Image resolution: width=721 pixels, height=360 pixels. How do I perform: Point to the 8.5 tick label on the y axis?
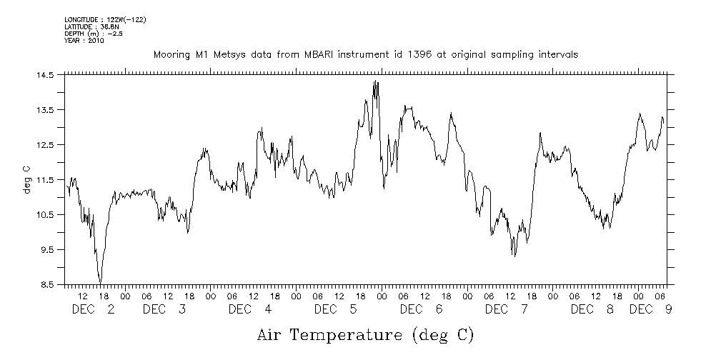[46, 285]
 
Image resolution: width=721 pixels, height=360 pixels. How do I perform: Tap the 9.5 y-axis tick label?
[46, 250]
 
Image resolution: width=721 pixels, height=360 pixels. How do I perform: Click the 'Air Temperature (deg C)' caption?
[365, 334]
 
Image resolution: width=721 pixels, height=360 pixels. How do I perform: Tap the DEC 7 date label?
[507, 309]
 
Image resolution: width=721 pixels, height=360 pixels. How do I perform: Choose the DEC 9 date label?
[650, 309]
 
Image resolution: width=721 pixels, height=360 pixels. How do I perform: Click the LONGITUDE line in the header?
[105, 19]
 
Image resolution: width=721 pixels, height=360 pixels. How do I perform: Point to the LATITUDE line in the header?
[91, 26]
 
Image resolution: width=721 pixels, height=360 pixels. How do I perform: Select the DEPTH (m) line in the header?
[93, 34]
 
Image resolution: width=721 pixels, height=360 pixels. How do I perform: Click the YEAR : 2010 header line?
[84, 41]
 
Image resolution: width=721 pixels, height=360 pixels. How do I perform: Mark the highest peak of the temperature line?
[374, 81]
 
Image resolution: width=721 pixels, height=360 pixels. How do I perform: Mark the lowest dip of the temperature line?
[101, 283]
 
